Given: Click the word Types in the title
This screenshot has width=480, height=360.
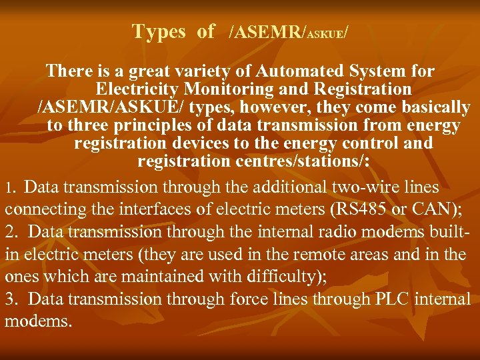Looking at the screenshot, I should [x=159, y=31].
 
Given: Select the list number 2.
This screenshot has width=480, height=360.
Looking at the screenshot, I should [x=11, y=232].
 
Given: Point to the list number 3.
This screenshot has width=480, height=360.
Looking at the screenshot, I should [x=11, y=299].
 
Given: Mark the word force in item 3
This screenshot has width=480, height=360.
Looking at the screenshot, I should [x=249, y=299].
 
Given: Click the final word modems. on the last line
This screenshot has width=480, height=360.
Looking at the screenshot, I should [x=37, y=321].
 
